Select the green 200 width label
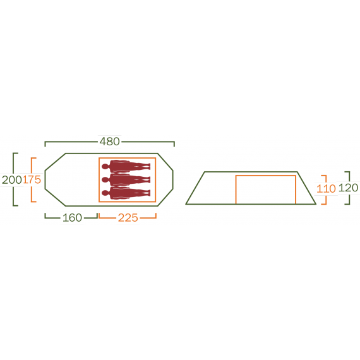coord(11,179)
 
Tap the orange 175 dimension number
coord(32,179)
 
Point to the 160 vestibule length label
coord(72,218)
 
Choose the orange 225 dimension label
coord(128,218)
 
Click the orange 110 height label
coord(326,188)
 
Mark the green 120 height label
coord(348,188)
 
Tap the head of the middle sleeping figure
coord(105,180)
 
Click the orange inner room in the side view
coord(265,189)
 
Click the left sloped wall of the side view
coord(195,188)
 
